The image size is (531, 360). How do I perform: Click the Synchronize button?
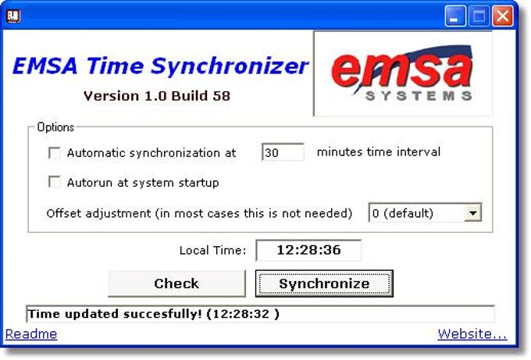324,283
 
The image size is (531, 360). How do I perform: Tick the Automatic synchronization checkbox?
55,153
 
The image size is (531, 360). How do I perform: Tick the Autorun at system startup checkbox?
55,183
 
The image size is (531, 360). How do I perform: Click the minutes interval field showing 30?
283,153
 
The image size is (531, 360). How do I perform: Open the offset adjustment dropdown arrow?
472,212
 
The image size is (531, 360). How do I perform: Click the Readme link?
31,334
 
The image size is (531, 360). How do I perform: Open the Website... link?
472,334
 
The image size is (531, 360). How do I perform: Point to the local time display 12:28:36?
308,251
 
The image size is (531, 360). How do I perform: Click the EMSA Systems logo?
403,73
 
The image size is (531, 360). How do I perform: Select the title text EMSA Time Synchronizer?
160,66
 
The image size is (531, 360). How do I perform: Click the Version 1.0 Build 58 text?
156,96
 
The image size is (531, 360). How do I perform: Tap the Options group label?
55,127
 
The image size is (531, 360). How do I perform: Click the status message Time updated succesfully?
153,314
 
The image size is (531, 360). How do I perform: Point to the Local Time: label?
212,251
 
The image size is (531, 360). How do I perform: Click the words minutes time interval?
379,152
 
